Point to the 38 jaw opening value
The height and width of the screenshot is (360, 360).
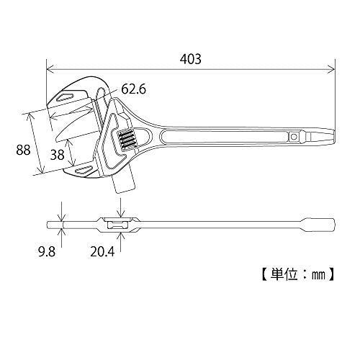(x=58, y=155)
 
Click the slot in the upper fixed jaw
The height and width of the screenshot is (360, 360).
(x=66, y=96)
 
